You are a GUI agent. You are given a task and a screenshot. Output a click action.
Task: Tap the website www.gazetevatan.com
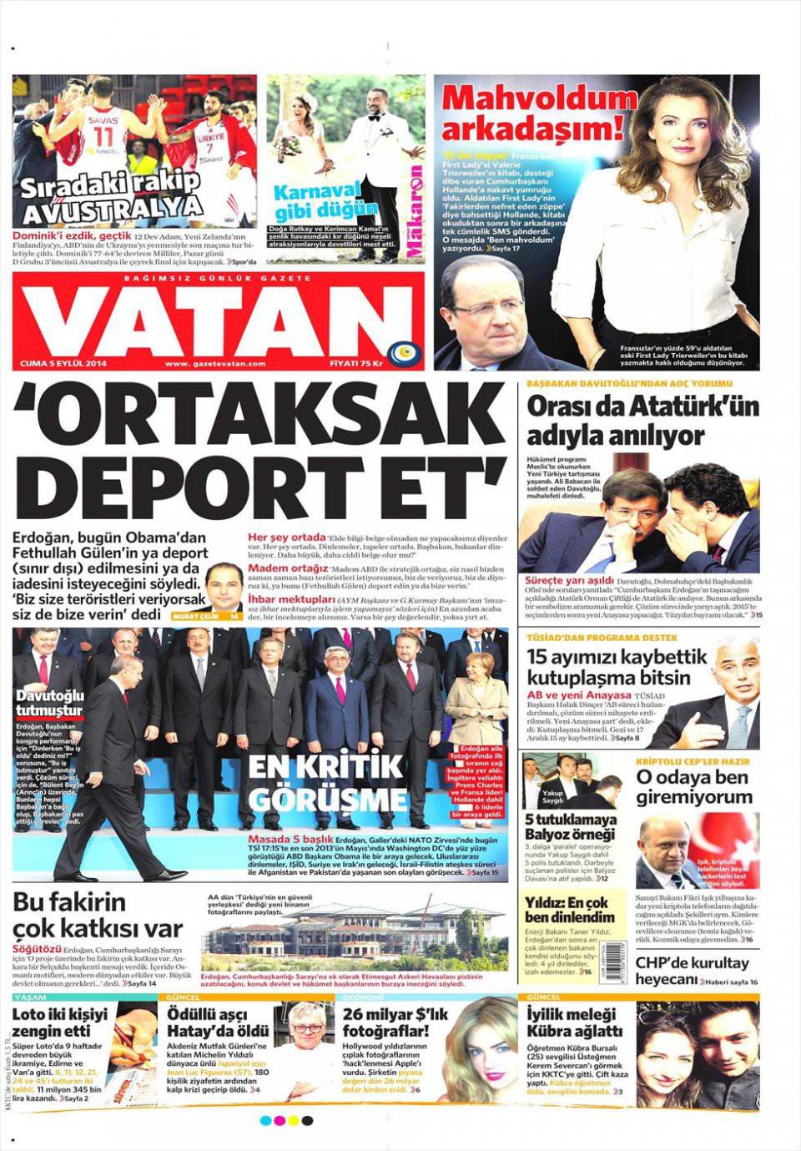[215, 364]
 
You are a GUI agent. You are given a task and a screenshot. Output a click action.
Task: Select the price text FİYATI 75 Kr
[356, 364]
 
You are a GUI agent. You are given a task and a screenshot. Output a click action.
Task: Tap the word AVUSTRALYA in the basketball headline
[112, 209]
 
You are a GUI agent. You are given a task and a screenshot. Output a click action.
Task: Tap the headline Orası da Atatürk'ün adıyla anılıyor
[631, 421]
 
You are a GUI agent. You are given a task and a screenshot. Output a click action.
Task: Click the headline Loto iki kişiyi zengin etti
[60, 1023]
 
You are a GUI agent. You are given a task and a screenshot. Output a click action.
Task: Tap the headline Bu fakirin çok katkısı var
[98, 915]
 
